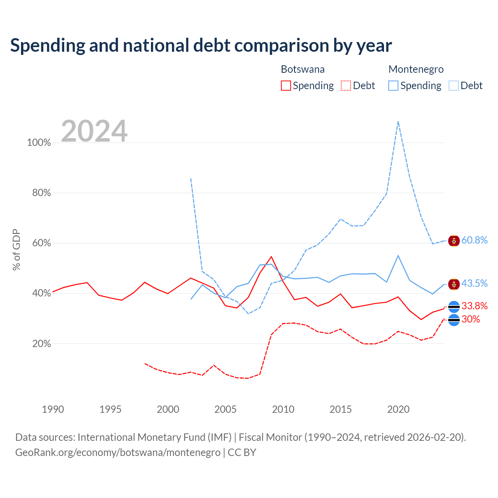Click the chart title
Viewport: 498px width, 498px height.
pos(201,46)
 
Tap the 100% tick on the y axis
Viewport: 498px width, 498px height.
pos(39,142)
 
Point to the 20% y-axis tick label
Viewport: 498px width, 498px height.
pos(41,344)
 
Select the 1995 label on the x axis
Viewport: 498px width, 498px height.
pos(110,409)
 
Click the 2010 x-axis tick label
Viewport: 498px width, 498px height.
pos(283,409)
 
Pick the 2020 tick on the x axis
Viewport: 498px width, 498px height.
pos(398,409)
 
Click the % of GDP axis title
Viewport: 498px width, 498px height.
pos(16,250)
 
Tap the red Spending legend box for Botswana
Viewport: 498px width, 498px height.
pos(286,86)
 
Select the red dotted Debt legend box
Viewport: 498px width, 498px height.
pos(346,86)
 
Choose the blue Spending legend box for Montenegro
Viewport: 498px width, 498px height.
pos(393,86)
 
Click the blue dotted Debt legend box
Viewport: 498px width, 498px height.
pos(453,86)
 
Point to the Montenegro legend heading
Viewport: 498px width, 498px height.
pos(416,69)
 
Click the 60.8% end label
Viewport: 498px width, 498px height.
pos(474,240)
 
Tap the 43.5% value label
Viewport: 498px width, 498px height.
pos(474,283)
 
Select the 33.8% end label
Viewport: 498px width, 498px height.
pos(474,306)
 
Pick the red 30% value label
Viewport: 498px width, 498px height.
pos(470,319)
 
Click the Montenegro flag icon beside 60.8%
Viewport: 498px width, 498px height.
pos(454,241)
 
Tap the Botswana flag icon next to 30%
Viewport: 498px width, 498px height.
pos(454,320)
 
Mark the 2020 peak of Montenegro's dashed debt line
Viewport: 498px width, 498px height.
pos(398,121)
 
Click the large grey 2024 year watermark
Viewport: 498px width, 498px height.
pos(94,131)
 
